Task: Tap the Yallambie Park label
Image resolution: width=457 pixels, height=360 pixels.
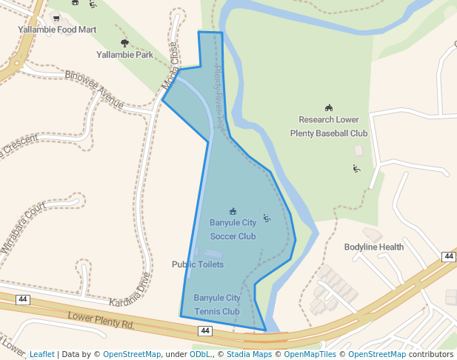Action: (124, 55)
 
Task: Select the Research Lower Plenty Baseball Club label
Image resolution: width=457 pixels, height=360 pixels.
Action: (329, 127)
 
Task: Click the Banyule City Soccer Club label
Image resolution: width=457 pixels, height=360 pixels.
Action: (233, 229)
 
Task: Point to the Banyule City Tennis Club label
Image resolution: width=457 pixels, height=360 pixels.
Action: (216, 304)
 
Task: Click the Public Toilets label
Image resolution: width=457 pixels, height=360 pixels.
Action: (197, 264)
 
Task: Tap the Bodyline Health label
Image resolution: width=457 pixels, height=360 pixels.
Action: (373, 247)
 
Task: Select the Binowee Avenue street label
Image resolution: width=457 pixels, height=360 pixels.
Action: (95, 87)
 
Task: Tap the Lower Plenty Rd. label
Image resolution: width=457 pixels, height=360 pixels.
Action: (101, 321)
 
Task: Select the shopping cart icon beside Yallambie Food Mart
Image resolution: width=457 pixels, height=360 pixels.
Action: (56, 18)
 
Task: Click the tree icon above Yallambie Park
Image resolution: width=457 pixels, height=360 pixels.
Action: (124, 43)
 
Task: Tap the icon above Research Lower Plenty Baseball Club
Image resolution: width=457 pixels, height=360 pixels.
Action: (329, 108)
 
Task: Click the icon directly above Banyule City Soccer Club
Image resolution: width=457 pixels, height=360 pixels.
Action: (233, 211)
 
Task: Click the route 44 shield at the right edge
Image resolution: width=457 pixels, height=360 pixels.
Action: (448, 256)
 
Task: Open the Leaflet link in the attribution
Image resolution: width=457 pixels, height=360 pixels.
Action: (41, 354)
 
